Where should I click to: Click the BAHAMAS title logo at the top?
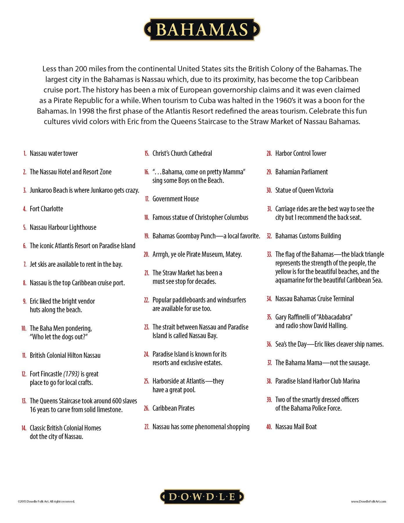tap(202, 29)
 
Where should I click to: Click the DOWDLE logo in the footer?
tap(202, 496)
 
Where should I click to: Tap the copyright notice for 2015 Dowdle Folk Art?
tap(46, 501)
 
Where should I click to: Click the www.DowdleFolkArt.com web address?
tap(368, 501)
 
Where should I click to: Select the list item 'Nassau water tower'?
tap(54, 153)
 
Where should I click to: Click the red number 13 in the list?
tap(24, 401)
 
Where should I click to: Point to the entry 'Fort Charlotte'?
tap(46, 209)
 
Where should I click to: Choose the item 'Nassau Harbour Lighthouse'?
tap(63, 228)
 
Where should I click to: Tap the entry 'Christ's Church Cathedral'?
tap(182, 153)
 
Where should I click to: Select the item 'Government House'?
tap(176, 199)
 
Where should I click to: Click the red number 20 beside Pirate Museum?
tap(146, 255)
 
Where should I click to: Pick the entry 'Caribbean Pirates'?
tap(173, 408)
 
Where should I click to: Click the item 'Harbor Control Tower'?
tap(301, 153)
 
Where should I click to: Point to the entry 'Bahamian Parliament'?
tap(301, 172)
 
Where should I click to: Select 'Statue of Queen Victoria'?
tap(304, 190)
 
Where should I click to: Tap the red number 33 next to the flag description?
tap(269, 255)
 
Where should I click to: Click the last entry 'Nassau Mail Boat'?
tap(296, 427)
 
